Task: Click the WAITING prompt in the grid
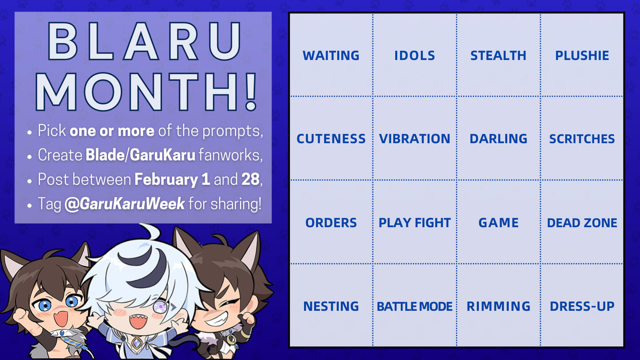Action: (331, 56)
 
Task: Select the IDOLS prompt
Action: (415, 56)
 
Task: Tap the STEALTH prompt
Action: (498, 56)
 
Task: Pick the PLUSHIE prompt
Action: (582, 56)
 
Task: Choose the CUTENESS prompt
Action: (331, 139)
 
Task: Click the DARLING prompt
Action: (498, 139)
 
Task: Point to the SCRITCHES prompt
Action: (582, 139)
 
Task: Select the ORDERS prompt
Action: (331, 223)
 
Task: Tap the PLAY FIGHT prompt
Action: (415, 223)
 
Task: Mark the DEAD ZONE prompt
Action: (582, 223)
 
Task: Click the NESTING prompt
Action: (331, 306)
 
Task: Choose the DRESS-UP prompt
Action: (582, 306)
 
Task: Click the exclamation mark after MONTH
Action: (251, 92)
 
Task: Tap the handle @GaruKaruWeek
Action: (124, 204)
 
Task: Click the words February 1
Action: (172, 180)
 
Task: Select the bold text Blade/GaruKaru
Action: (140, 155)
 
